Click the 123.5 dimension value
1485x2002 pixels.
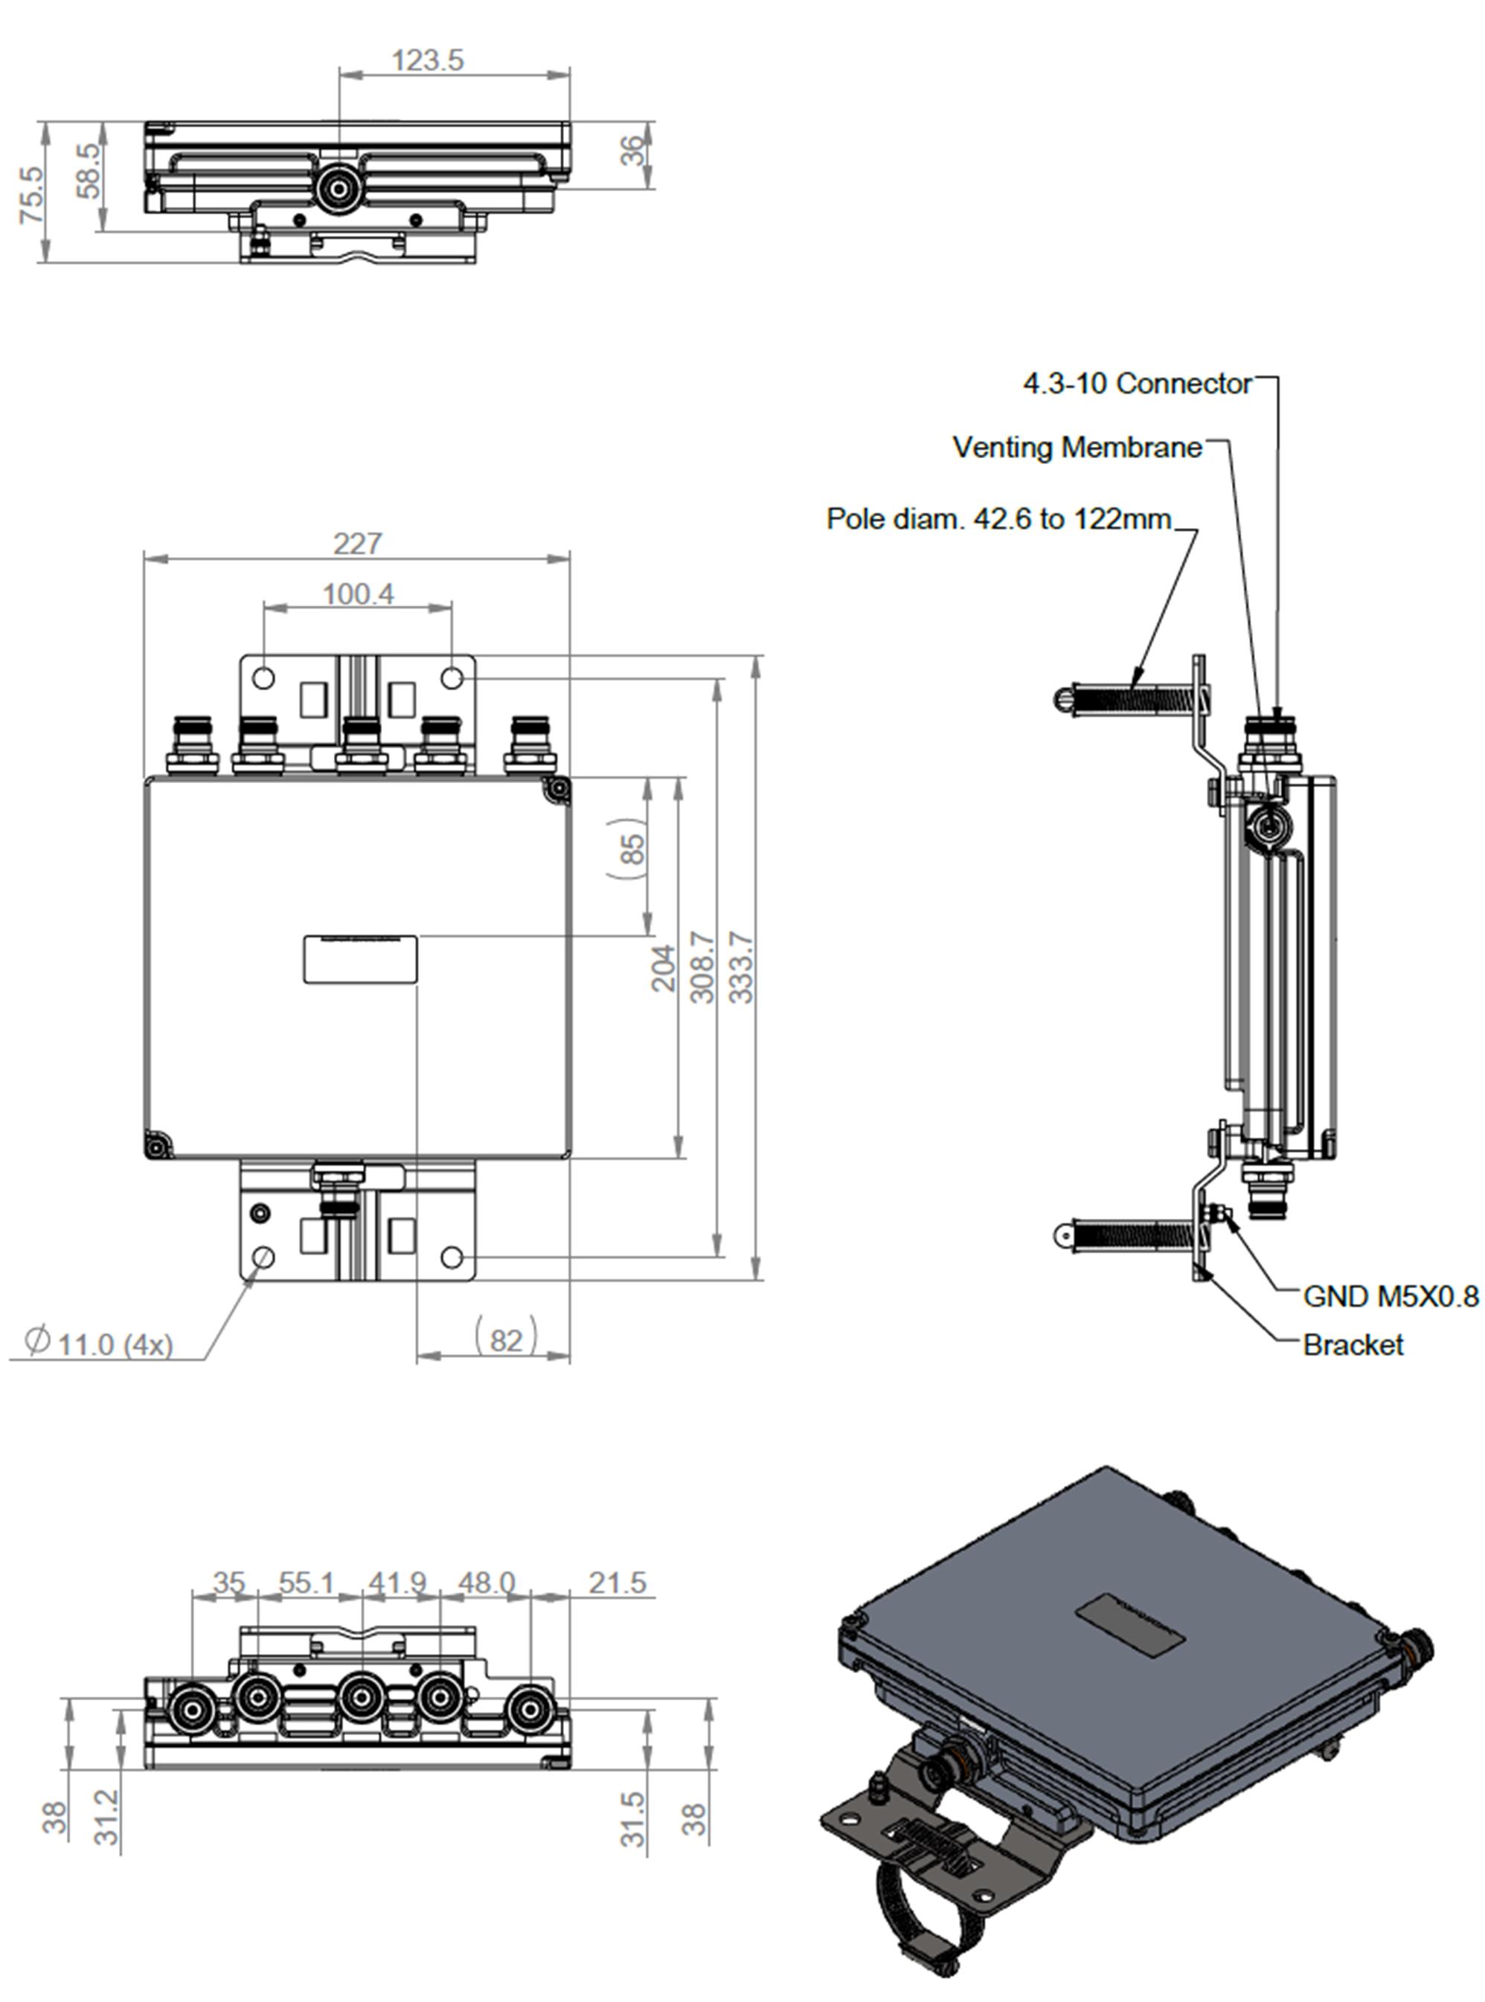click(428, 60)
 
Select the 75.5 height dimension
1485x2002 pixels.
click(31, 195)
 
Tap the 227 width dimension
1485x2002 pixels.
click(358, 544)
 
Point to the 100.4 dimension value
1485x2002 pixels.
click(358, 594)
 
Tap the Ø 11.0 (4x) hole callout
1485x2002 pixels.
click(99, 1342)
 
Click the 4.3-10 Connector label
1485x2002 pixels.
click(1137, 384)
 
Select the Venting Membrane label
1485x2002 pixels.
click(1077, 447)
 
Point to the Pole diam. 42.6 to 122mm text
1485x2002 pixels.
click(998, 518)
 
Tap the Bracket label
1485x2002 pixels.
click(1353, 1345)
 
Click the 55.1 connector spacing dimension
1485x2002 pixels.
click(307, 1583)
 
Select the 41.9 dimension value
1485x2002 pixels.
click(397, 1583)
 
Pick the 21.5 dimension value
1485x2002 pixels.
click(618, 1583)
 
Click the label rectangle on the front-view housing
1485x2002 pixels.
click(359, 959)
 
